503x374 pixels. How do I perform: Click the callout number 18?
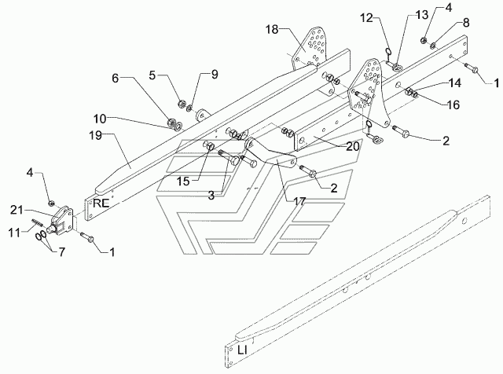tap(272, 30)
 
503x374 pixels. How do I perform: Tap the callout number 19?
tap(96, 135)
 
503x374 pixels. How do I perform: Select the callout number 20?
tap(353, 146)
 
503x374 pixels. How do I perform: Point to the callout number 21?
tap(17, 210)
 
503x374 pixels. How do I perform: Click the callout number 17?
tap(299, 201)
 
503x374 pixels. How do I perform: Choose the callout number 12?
tap(367, 18)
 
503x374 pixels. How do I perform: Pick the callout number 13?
tap(422, 15)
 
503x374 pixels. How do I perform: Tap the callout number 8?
tap(466, 23)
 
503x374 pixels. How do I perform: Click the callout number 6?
tap(116, 78)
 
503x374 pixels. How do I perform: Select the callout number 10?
tap(100, 119)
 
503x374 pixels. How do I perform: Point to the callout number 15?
tap(183, 181)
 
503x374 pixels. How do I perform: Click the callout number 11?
tap(14, 233)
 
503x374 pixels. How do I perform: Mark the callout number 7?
tap(61, 251)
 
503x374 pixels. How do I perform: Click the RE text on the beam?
tap(101, 203)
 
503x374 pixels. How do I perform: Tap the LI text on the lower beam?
tap(243, 350)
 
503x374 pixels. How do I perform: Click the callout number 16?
tap(453, 104)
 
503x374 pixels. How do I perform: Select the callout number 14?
tap(454, 83)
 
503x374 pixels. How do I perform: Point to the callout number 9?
tap(215, 75)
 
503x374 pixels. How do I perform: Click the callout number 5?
tap(152, 75)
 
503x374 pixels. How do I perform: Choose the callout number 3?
tap(211, 196)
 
